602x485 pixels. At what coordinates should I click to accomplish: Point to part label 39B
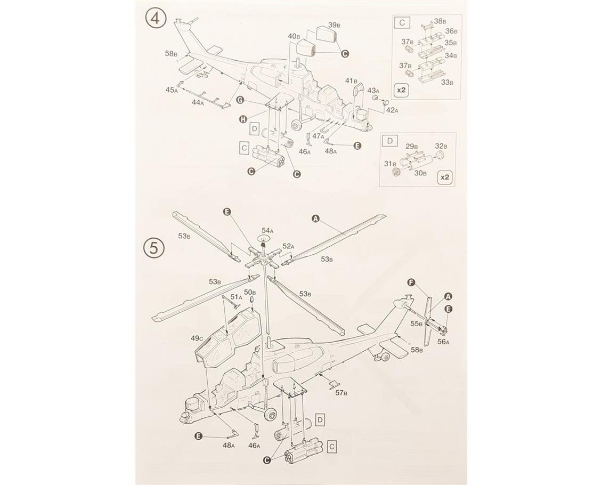(x=333, y=25)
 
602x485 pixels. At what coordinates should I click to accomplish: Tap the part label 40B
(x=294, y=36)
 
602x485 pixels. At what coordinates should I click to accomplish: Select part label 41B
(x=351, y=81)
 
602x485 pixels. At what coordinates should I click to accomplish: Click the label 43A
(x=373, y=90)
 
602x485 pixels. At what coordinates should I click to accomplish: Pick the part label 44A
(x=198, y=102)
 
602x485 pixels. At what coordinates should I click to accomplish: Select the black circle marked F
(x=412, y=282)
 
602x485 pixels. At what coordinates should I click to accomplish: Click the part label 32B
(x=442, y=146)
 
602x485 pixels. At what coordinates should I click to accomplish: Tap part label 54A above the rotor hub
(x=267, y=230)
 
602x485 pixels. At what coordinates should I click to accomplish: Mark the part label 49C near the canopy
(x=197, y=338)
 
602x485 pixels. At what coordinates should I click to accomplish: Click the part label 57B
(x=341, y=393)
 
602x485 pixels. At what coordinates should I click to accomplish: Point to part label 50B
(x=250, y=292)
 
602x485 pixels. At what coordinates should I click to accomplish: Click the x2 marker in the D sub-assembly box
(x=445, y=177)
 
